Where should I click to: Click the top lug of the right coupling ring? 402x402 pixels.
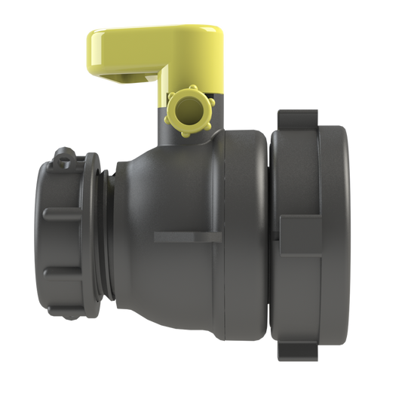coord(302,119)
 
